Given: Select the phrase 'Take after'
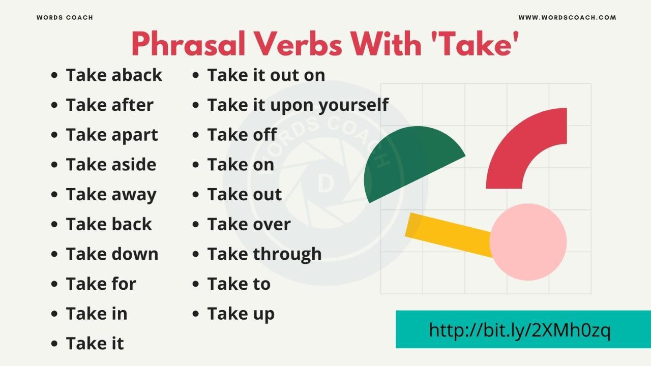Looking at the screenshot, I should pyautogui.click(x=109, y=105).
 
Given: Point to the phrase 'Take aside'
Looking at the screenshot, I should pyautogui.click(x=111, y=165).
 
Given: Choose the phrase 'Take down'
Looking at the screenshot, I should pyautogui.click(x=112, y=254).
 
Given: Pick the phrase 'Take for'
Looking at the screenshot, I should pyautogui.click(x=101, y=284).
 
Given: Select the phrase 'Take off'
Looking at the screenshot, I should pyautogui.click(x=242, y=135).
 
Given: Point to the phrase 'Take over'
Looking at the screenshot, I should pyautogui.click(x=249, y=225).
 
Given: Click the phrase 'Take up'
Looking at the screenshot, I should pyautogui.click(x=241, y=314).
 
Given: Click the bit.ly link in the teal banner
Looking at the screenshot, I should pyautogui.click(x=519, y=330).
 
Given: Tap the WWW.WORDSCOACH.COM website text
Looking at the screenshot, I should pyautogui.click(x=567, y=18).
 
